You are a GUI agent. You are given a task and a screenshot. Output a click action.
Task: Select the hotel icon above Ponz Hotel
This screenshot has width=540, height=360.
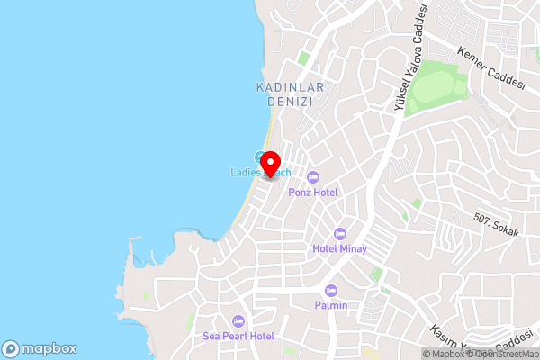(x=313, y=176)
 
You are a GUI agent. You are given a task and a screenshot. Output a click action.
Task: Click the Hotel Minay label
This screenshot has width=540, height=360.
(x=339, y=249)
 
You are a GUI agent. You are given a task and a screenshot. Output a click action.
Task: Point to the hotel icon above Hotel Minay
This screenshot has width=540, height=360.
(x=339, y=234)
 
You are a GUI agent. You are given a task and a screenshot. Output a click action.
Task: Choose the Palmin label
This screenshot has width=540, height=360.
(x=331, y=306)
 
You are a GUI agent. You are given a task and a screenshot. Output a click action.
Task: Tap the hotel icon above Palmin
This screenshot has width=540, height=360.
(x=331, y=291)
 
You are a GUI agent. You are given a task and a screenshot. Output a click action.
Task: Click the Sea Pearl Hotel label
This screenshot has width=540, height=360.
(x=238, y=336)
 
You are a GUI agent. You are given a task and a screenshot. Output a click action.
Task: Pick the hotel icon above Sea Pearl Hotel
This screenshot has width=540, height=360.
(x=238, y=320)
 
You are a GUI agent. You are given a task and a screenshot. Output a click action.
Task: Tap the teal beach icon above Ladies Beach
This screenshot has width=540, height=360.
(x=260, y=157)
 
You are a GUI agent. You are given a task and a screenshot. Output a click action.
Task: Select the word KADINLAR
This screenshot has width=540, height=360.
(x=289, y=87)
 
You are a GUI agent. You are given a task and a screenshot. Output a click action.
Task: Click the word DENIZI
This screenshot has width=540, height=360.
(x=289, y=103)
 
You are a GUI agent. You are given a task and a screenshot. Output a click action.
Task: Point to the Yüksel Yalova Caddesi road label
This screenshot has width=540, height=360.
(x=409, y=58)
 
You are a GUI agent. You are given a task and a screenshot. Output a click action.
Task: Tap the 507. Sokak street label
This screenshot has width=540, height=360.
(x=497, y=226)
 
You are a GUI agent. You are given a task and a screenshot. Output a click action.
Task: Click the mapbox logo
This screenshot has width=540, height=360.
(x=39, y=348)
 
